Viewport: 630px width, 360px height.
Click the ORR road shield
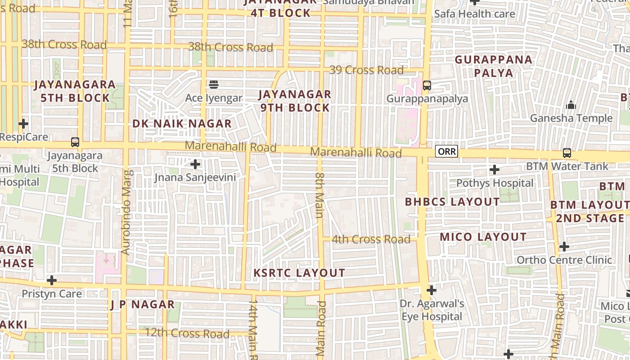click(446, 152)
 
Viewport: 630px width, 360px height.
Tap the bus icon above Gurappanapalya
click(427, 85)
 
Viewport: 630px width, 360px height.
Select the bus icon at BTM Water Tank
click(567, 153)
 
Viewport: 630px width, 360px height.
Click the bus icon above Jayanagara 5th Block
click(75, 142)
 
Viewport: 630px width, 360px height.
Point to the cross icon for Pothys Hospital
click(495, 170)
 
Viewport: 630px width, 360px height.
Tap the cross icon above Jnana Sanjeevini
click(195, 164)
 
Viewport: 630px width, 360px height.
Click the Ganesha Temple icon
click(571, 105)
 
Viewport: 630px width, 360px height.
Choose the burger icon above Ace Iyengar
click(214, 84)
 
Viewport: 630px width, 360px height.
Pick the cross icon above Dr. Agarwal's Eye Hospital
click(432, 290)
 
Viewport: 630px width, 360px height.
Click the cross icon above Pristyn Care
click(52, 280)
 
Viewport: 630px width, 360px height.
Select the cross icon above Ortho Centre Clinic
click(564, 247)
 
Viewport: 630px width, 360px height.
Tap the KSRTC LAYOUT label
click(299, 273)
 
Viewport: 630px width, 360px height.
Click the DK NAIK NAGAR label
click(182, 124)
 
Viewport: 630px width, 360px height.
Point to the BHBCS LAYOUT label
click(452, 202)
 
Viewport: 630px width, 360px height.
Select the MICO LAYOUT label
click(483, 237)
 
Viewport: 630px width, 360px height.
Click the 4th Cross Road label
click(371, 239)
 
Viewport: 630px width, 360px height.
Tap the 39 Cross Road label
click(366, 70)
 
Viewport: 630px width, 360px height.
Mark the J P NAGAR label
click(142, 305)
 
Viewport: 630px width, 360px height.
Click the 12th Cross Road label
click(187, 333)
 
